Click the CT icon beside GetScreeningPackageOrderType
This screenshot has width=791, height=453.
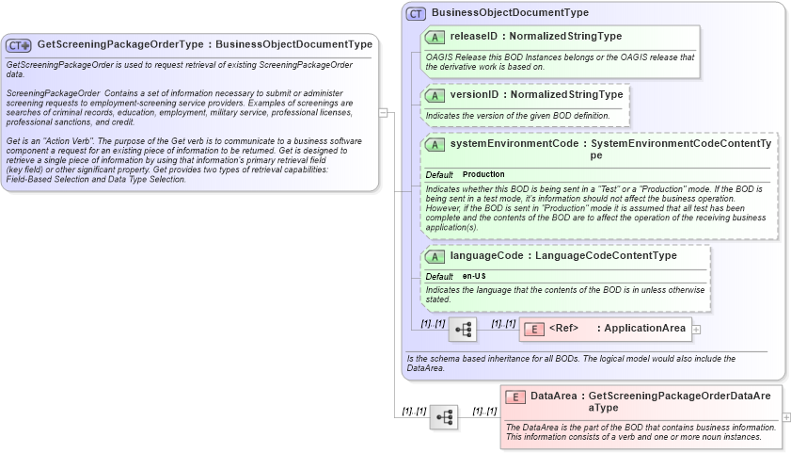tap(19, 45)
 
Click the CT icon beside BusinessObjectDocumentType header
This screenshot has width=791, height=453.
tap(416, 13)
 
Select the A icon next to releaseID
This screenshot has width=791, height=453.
tap(435, 37)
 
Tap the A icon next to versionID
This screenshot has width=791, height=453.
tap(435, 95)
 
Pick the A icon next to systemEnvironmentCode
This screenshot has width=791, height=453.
tap(435, 145)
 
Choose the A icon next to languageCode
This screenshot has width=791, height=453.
tap(435, 256)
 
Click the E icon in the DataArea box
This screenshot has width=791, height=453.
tap(515, 396)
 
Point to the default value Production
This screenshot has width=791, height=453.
tap(483, 174)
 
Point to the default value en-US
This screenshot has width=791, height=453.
tap(474, 276)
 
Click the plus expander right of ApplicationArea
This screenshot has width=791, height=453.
tap(696, 329)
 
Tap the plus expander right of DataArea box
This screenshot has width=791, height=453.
tap(786, 416)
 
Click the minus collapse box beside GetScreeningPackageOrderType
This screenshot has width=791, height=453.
tap(383, 112)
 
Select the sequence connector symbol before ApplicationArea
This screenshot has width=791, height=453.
tap(463, 329)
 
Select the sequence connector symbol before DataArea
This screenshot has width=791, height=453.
tap(444, 416)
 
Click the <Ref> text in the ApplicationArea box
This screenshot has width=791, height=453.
tap(563, 329)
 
